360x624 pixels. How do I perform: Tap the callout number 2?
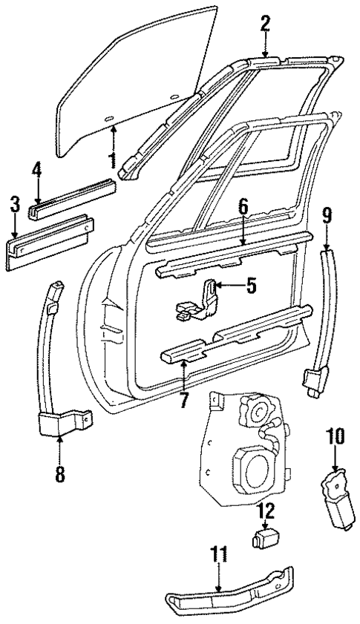tap(265, 24)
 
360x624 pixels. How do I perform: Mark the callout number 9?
tap(327, 217)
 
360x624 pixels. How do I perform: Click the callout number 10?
tap(335, 438)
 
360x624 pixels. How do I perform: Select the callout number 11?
tap(219, 556)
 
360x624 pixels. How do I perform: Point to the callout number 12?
tap(266, 511)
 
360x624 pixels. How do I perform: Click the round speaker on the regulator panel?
tap(252, 467)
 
